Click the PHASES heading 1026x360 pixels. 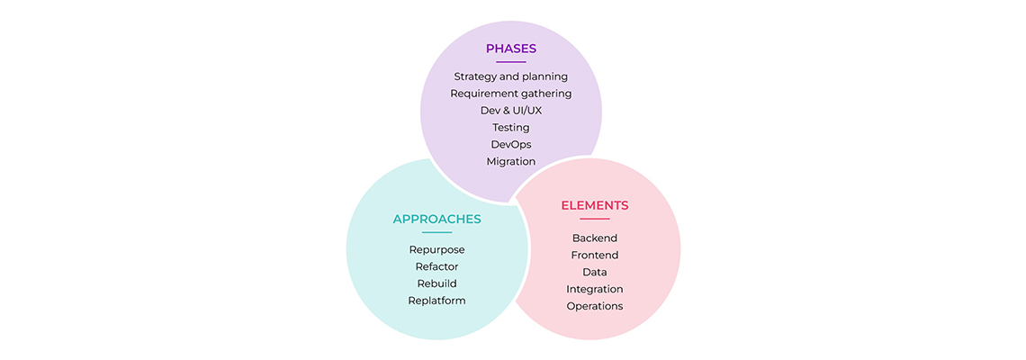(511, 49)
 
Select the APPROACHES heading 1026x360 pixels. (437, 220)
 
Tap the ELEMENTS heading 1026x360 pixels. (595, 205)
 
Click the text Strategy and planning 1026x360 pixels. (511, 76)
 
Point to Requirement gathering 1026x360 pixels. (511, 94)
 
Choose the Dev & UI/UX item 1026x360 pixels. (511, 111)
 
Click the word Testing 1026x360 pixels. (511, 128)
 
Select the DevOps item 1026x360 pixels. (511, 145)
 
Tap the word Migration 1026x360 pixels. (511, 162)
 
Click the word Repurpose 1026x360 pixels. (437, 250)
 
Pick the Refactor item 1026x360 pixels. (437, 267)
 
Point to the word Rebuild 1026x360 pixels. (437, 284)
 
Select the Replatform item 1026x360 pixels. (437, 301)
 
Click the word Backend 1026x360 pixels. (595, 238)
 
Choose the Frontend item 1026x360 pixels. (595, 256)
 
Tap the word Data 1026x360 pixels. (595, 273)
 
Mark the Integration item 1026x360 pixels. (595, 289)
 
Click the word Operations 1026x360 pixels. (595, 306)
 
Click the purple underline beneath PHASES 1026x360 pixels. (511, 62)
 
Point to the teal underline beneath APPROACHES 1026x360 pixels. (437, 232)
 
